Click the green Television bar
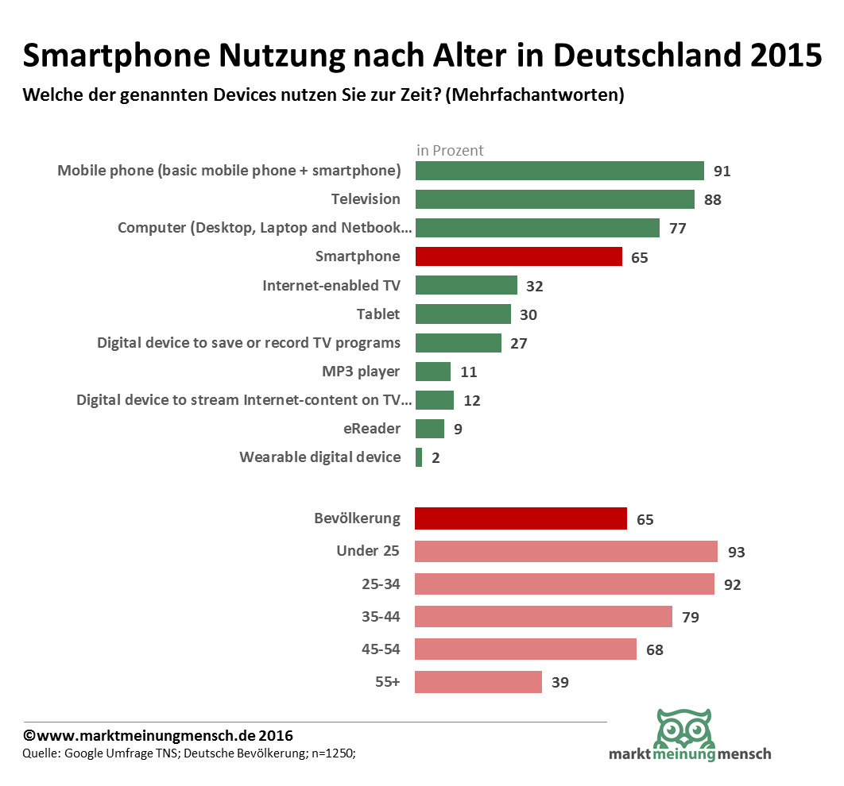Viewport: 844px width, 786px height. tap(555, 199)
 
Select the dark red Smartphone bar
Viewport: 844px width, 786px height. tap(518, 256)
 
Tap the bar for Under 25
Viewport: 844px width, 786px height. tap(566, 552)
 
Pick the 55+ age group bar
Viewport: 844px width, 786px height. tap(478, 682)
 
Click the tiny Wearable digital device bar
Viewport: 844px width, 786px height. tap(419, 457)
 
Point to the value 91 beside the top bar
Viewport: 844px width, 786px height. tap(722, 171)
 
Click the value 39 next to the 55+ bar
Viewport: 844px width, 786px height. tap(559, 682)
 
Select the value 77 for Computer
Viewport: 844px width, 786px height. tap(677, 229)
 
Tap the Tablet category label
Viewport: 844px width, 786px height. tap(378, 314)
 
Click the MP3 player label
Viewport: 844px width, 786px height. tap(362, 372)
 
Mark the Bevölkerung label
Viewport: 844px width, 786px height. tap(358, 519)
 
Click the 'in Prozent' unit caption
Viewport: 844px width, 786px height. tap(450, 150)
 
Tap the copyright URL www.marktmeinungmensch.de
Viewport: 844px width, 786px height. tap(145, 736)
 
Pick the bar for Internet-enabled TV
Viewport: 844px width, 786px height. tap(467, 285)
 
